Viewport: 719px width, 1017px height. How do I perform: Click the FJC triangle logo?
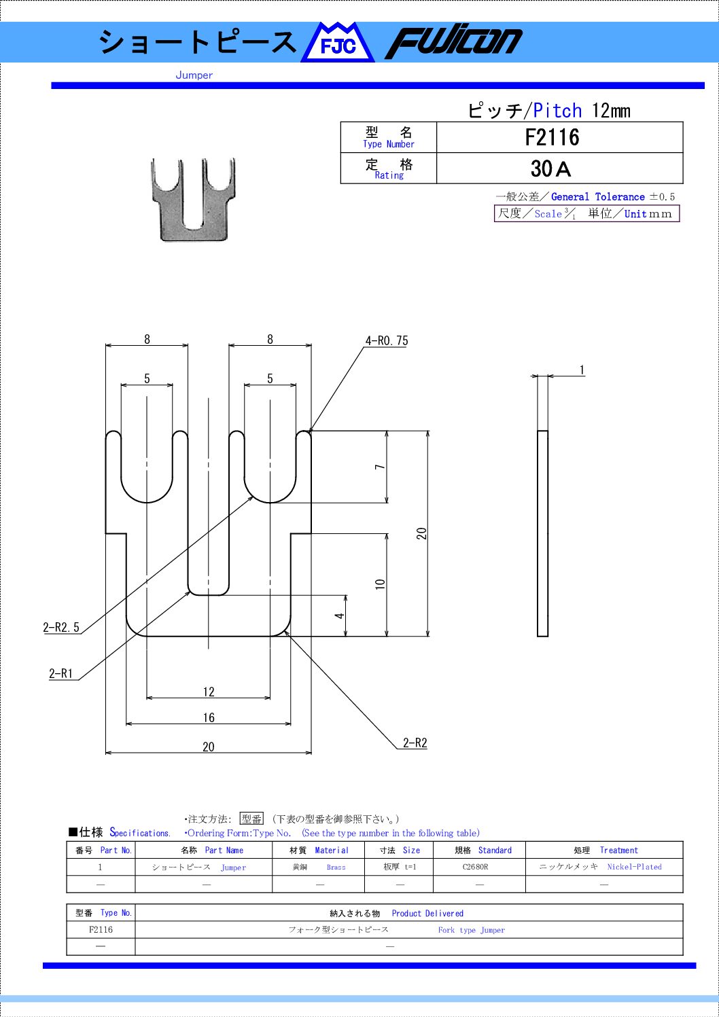point(338,43)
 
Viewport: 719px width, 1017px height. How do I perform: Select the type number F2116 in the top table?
point(552,137)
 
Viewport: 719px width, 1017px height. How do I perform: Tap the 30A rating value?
point(550,169)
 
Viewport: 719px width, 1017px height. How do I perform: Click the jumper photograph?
point(194,199)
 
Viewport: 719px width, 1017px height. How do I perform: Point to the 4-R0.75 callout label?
point(387,340)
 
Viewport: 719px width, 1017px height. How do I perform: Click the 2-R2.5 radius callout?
point(61,627)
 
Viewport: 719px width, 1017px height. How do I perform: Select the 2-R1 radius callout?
point(61,673)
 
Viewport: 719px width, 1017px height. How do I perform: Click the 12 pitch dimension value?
point(209,692)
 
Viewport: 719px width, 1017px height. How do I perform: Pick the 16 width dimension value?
point(209,718)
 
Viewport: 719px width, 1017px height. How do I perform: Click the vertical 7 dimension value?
point(380,467)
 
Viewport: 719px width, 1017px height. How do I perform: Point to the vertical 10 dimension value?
point(380,584)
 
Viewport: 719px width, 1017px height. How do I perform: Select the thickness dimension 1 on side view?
point(582,370)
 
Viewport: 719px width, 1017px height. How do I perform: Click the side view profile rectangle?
point(542,533)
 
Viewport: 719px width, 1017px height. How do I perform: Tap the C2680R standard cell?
point(475,867)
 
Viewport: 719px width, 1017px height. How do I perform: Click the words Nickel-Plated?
point(634,867)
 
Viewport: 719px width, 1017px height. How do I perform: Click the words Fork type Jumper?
point(472,930)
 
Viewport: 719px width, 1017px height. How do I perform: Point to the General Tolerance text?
point(598,196)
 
